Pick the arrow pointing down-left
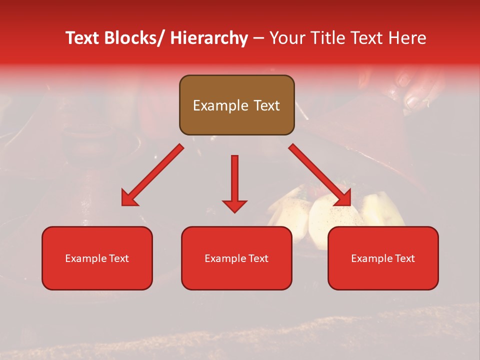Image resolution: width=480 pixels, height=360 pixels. [x=153, y=175]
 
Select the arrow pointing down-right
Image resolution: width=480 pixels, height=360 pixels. [x=320, y=175]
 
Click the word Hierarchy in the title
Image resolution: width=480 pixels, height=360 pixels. [x=208, y=38]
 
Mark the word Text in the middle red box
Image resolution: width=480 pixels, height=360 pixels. [x=257, y=258]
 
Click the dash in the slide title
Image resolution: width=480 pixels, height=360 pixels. [x=258, y=38]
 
